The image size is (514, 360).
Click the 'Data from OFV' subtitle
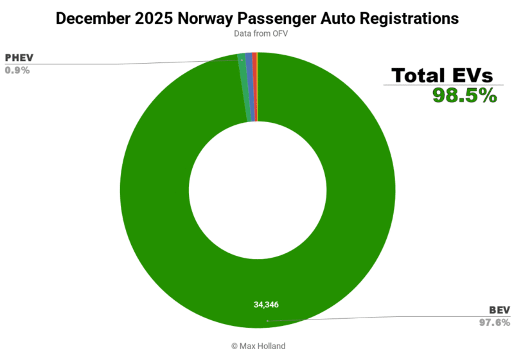pos(257,34)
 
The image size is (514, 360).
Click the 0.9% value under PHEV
pos(17,70)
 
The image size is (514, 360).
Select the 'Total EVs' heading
pos(443,75)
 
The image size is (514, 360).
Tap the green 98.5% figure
pos(465,96)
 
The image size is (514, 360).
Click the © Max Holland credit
pos(257,346)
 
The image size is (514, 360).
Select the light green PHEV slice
pos(244,87)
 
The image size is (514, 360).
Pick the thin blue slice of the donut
pos(250,87)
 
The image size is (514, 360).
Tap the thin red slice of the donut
pos(255,87)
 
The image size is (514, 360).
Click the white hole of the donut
pos(257,186)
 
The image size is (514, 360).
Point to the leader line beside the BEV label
pos(385,317)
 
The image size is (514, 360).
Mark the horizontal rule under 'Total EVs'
pos(443,85)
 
